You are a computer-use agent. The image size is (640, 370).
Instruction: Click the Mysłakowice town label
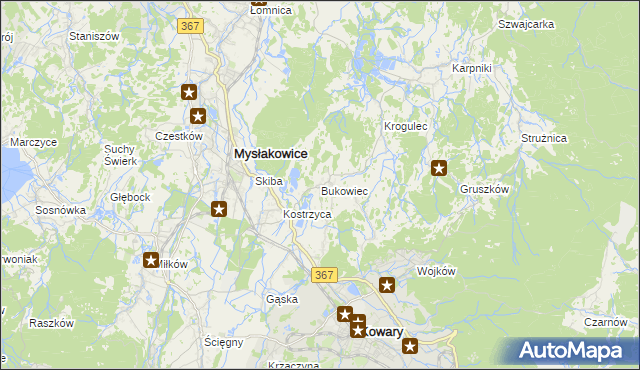pos(269,154)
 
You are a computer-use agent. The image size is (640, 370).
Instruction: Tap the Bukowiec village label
pos(345,190)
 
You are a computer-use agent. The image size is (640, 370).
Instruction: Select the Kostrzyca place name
pos(307,215)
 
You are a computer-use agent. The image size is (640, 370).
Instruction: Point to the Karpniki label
pos(471,68)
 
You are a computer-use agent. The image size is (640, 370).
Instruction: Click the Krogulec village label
pos(406,127)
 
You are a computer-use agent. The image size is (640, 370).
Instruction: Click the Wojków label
pos(436,271)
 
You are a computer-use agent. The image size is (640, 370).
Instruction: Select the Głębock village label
pos(130,197)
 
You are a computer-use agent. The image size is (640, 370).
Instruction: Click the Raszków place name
pos(52,323)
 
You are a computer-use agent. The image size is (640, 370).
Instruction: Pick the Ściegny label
pos(224,342)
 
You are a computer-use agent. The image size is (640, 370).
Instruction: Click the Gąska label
pos(283,299)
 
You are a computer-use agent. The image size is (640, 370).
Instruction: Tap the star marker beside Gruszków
pos(438,168)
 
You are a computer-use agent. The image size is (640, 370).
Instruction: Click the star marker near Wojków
pos(388,285)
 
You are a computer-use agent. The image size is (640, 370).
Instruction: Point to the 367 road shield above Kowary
pos(322,274)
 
